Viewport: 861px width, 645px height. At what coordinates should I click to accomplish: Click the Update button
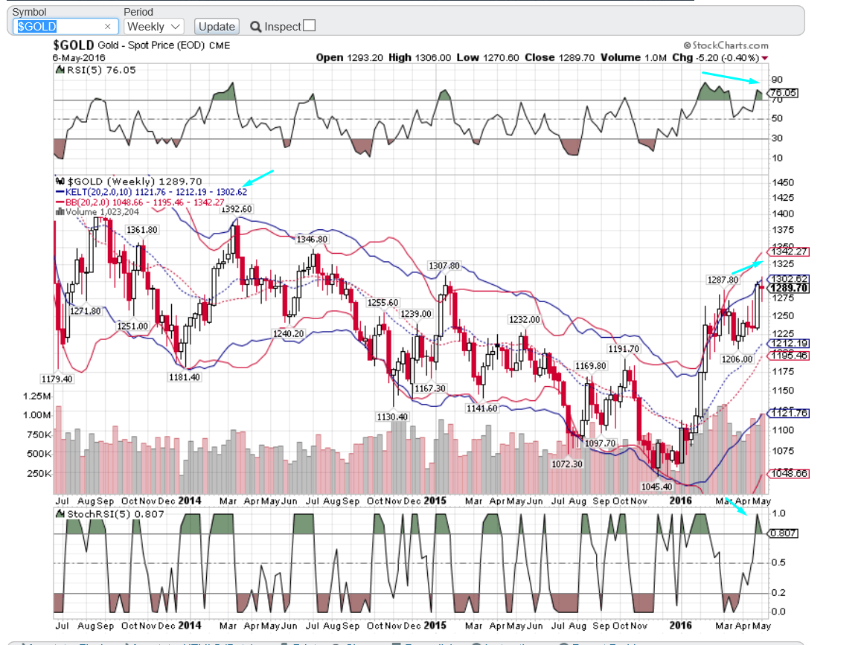(217, 26)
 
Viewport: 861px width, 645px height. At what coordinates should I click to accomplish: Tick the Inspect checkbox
(310, 25)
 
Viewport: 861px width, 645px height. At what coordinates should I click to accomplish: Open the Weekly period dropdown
(154, 26)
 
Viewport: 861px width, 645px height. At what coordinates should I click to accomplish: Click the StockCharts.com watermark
(726, 45)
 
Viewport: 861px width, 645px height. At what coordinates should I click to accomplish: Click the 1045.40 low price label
(656, 487)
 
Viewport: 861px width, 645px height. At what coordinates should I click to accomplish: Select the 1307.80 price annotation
(444, 266)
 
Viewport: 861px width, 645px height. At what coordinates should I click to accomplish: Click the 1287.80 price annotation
(722, 279)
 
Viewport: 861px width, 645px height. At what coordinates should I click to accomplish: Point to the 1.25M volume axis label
(38, 395)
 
